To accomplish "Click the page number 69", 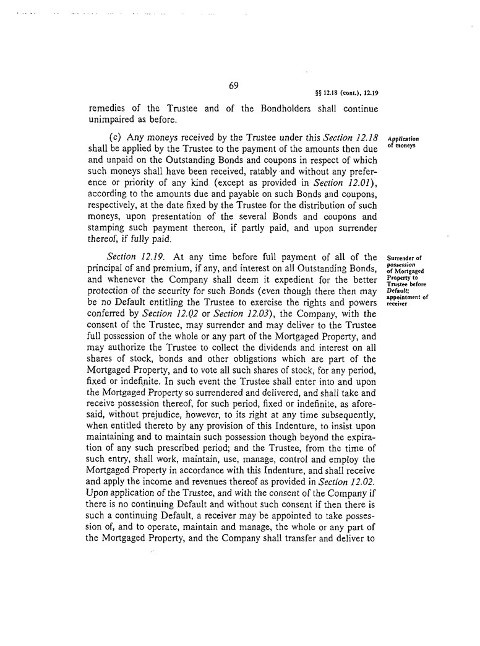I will point(234,86).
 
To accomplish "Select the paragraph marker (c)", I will point(116,138).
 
